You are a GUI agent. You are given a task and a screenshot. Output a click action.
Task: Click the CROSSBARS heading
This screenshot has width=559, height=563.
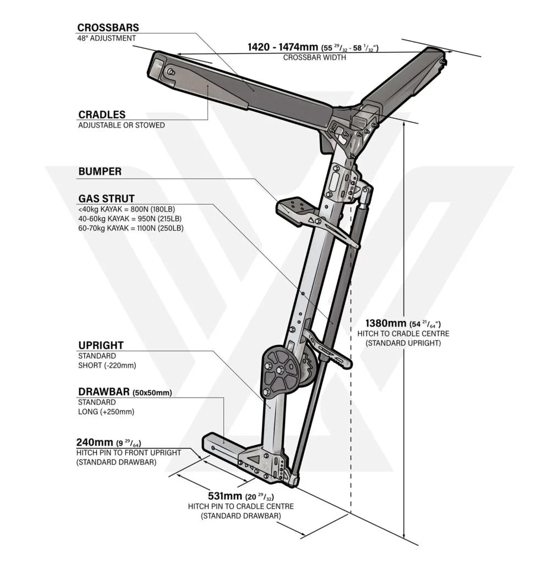click(108, 27)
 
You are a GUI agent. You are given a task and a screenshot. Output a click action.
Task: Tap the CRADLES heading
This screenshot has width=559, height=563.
click(102, 114)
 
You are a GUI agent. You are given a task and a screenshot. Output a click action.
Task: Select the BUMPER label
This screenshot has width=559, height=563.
click(100, 172)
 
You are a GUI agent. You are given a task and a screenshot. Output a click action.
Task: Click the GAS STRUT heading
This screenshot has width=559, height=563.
click(106, 198)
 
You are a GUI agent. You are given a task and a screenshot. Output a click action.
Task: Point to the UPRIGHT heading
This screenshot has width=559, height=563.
click(101, 345)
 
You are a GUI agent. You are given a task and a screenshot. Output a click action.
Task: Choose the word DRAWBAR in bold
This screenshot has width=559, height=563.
click(104, 391)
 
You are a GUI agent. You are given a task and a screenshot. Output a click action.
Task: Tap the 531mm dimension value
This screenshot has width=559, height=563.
click(225, 496)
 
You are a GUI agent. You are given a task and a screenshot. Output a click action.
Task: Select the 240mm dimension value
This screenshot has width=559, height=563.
click(95, 442)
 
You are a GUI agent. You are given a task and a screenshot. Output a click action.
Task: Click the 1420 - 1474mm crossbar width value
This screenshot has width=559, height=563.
click(283, 47)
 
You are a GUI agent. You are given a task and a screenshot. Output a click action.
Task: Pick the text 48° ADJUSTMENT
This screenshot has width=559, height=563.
click(107, 38)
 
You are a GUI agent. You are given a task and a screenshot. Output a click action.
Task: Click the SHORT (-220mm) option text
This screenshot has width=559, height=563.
click(107, 366)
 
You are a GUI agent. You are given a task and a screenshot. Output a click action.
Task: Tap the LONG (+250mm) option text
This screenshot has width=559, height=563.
click(106, 412)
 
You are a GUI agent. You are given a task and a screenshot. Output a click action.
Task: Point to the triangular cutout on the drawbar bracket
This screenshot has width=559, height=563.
click(255, 459)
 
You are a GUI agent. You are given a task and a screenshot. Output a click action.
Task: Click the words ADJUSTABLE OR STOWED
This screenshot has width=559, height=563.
click(122, 125)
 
